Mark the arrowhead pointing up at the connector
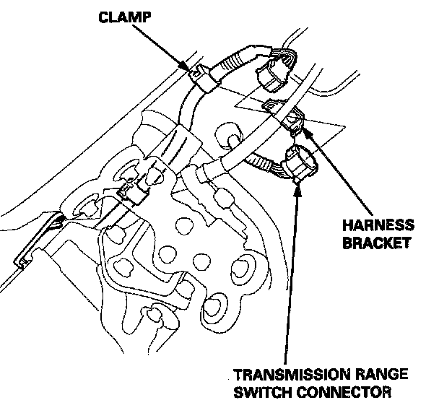point(297,187)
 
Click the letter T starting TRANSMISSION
point(238,376)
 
